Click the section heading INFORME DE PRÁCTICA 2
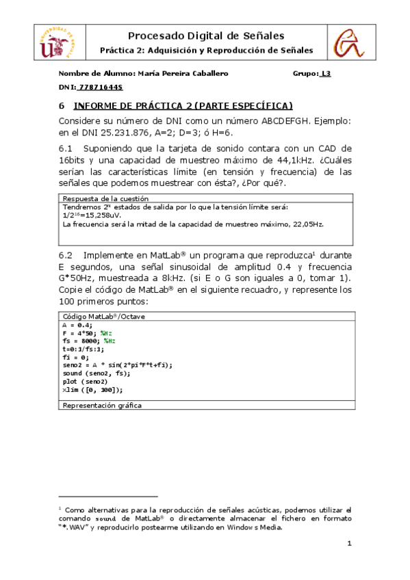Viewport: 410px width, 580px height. point(183,105)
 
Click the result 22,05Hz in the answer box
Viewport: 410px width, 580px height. point(306,224)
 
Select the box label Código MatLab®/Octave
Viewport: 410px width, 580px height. point(103,317)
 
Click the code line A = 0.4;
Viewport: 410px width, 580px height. point(75,326)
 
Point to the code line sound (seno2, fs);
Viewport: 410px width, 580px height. point(96,373)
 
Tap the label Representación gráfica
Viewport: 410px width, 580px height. point(102,406)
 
